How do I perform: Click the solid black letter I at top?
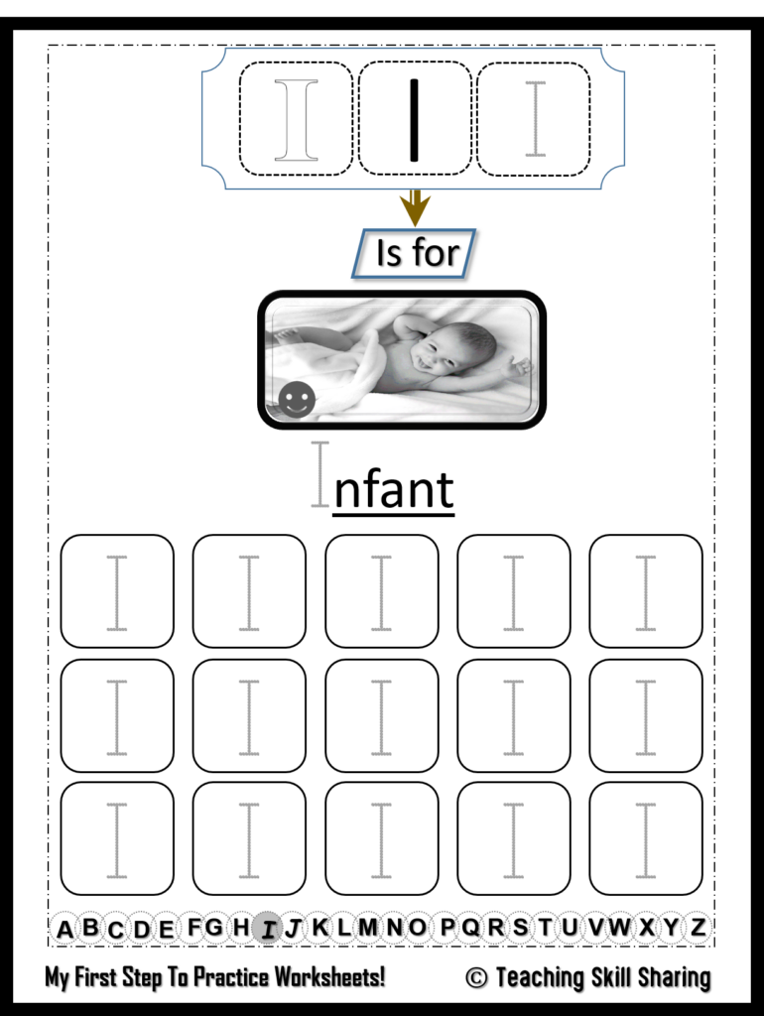(414, 120)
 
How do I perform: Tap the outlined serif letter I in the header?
(296, 120)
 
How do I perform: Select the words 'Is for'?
(418, 252)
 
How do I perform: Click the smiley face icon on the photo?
(297, 399)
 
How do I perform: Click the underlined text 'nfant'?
(393, 490)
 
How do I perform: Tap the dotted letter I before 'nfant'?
(320, 473)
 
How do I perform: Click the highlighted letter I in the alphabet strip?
(267, 929)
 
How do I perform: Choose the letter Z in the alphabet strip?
(698, 928)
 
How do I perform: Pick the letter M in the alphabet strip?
(367, 928)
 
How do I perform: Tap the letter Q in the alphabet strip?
(471, 928)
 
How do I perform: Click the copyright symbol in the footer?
(476, 977)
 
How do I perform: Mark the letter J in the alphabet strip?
(294, 929)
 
